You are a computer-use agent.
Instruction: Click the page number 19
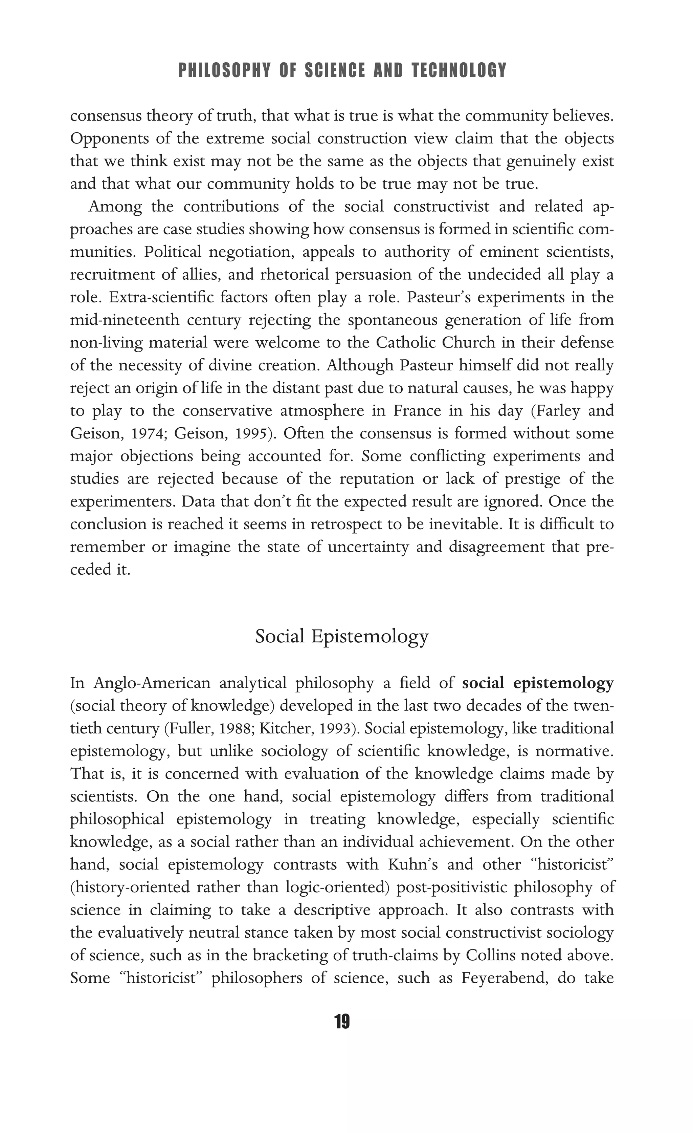click(342, 1022)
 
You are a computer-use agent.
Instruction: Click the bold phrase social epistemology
click(538, 683)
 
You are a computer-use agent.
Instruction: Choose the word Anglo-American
click(152, 683)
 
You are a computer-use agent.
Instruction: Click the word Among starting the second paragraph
click(115, 207)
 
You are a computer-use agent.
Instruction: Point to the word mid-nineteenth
click(125, 320)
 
